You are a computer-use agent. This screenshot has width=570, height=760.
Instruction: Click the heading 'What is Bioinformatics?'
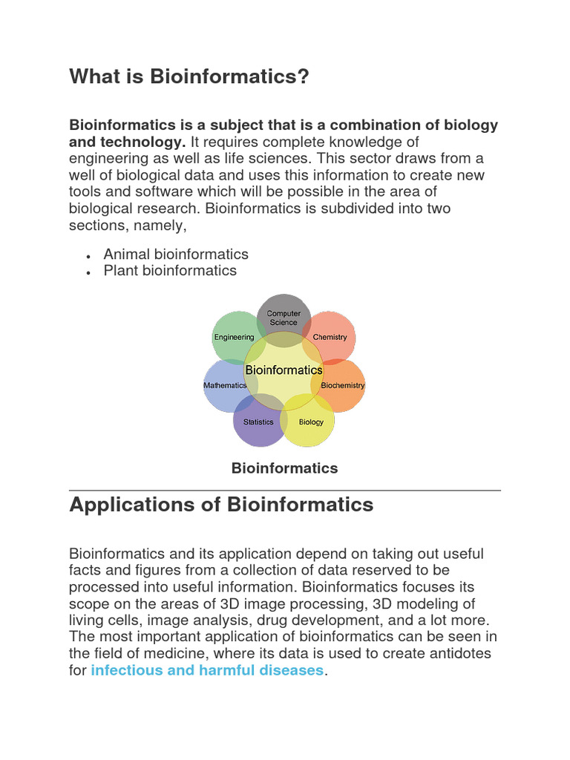tap(189, 76)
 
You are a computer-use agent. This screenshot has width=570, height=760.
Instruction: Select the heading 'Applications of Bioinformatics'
tap(221, 505)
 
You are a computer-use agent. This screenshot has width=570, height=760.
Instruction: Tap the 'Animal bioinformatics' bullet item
tap(176, 254)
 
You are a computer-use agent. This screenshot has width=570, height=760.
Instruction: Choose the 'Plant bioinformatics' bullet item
tap(170, 271)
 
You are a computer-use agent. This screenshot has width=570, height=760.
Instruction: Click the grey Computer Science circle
tap(284, 313)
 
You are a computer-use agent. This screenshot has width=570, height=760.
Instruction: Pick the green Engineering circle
tap(234, 334)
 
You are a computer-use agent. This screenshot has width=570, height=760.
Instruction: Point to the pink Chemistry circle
tap(332, 334)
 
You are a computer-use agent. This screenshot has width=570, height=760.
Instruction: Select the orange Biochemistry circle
tap(344, 386)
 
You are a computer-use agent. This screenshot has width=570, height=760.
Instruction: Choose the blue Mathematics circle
tap(223, 386)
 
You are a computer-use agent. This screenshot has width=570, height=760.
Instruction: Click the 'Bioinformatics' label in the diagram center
tap(284, 370)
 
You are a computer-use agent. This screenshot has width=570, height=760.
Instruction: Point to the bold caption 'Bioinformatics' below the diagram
tap(284, 468)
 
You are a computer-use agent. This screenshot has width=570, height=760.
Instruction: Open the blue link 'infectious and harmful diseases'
tap(207, 670)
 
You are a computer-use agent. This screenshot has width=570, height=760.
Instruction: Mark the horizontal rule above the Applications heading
tap(284, 490)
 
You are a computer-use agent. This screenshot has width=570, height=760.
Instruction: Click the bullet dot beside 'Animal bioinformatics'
tap(88, 255)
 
